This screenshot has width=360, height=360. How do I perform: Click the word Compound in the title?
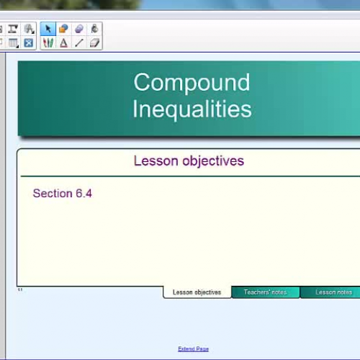[192, 82]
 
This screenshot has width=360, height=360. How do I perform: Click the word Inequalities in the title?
[192, 109]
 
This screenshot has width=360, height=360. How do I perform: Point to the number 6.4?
[84, 194]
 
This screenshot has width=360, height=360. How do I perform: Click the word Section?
[53, 194]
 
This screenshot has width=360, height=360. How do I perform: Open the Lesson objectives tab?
[197, 292]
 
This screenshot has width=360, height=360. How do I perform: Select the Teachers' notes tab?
[265, 292]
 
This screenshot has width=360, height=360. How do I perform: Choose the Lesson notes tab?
[333, 292]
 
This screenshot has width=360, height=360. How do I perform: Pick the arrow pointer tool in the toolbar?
[48, 30]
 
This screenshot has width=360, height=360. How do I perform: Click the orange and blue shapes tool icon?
[63, 30]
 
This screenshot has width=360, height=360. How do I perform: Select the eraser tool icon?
[94, 43]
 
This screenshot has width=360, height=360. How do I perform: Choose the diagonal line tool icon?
[79, 43]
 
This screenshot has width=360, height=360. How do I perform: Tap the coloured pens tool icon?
[48, 43]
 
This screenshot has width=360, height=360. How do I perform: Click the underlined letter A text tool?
[63, 43]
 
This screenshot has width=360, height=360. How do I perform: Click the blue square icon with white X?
[28, 43]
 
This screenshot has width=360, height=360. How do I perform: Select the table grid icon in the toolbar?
[13, 43]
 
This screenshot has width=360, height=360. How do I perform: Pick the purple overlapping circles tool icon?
[79, 30]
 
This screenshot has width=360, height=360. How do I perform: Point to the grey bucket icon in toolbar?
[94, 30]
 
